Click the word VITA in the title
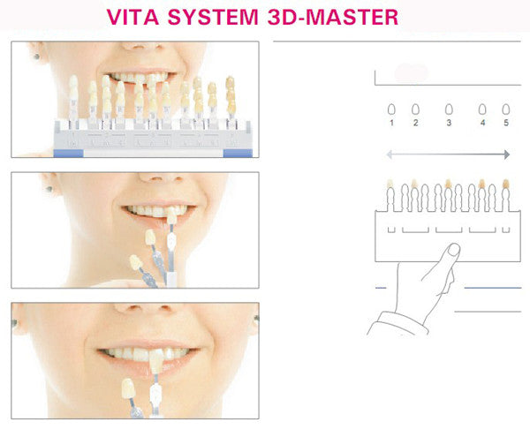132,17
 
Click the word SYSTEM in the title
213,17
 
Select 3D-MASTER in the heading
333,17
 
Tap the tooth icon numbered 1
391,109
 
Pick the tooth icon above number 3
449,109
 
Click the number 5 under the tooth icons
506,123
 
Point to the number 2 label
415,123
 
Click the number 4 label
482,123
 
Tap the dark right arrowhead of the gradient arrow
507,154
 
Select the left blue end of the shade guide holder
68,154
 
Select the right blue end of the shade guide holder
238,154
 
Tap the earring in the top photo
36,57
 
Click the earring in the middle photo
49,189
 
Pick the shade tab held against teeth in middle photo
171,215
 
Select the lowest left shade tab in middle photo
135,262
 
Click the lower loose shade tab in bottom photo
128,388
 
